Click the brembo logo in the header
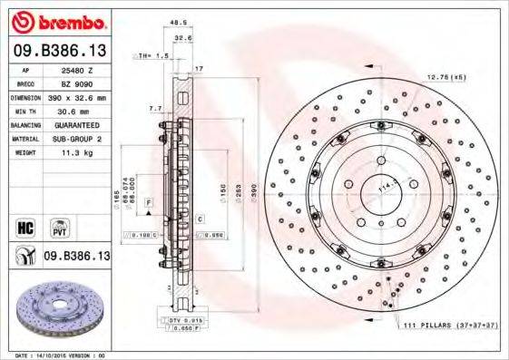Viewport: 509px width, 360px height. pos(57,21)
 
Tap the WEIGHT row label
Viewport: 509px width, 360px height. pos(26,153)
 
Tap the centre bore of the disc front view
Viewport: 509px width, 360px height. pos(376,191)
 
